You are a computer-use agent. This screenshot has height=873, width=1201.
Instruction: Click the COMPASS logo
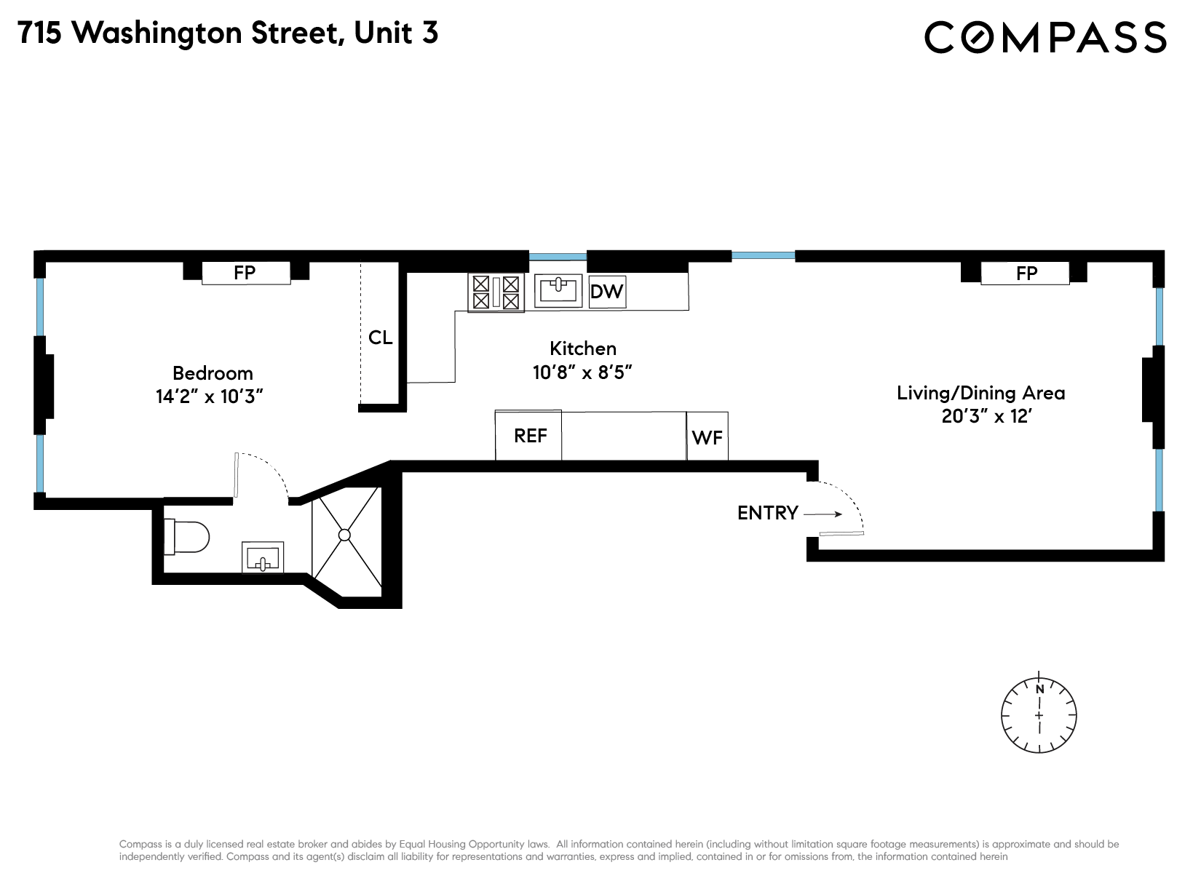coord(1045,37)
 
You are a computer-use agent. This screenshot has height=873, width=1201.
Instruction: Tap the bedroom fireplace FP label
coord(245,273)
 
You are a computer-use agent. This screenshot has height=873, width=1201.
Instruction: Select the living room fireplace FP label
coord(1026,274)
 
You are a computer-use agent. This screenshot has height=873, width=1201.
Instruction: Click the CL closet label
coord(380,338)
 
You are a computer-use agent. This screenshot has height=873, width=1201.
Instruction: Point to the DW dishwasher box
coord(607,292)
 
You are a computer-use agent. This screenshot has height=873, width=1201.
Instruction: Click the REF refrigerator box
coord(529,436)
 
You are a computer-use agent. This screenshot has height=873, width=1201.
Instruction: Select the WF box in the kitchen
coord(707,437)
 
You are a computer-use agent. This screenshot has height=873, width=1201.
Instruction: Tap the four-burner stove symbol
coord(496,292)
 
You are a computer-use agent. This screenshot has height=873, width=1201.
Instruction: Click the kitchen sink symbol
coord(558,291)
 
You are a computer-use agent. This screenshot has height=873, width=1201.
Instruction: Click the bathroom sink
coord(263,558)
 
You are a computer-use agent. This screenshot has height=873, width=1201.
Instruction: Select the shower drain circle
coord(345,535)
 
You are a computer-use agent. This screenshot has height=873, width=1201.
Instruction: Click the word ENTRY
coord(767,513)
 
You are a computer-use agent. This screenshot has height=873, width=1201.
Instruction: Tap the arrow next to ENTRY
coord(823,514)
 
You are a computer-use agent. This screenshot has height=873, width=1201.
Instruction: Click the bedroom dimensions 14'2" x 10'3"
coord(209,397)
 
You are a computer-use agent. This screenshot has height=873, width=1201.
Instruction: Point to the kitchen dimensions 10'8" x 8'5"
coord(582,372)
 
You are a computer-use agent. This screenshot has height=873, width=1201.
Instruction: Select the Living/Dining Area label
coord(980,393)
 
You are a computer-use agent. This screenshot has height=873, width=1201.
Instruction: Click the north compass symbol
coord(1039,714)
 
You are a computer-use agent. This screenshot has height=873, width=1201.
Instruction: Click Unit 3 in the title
coord(395,33)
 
